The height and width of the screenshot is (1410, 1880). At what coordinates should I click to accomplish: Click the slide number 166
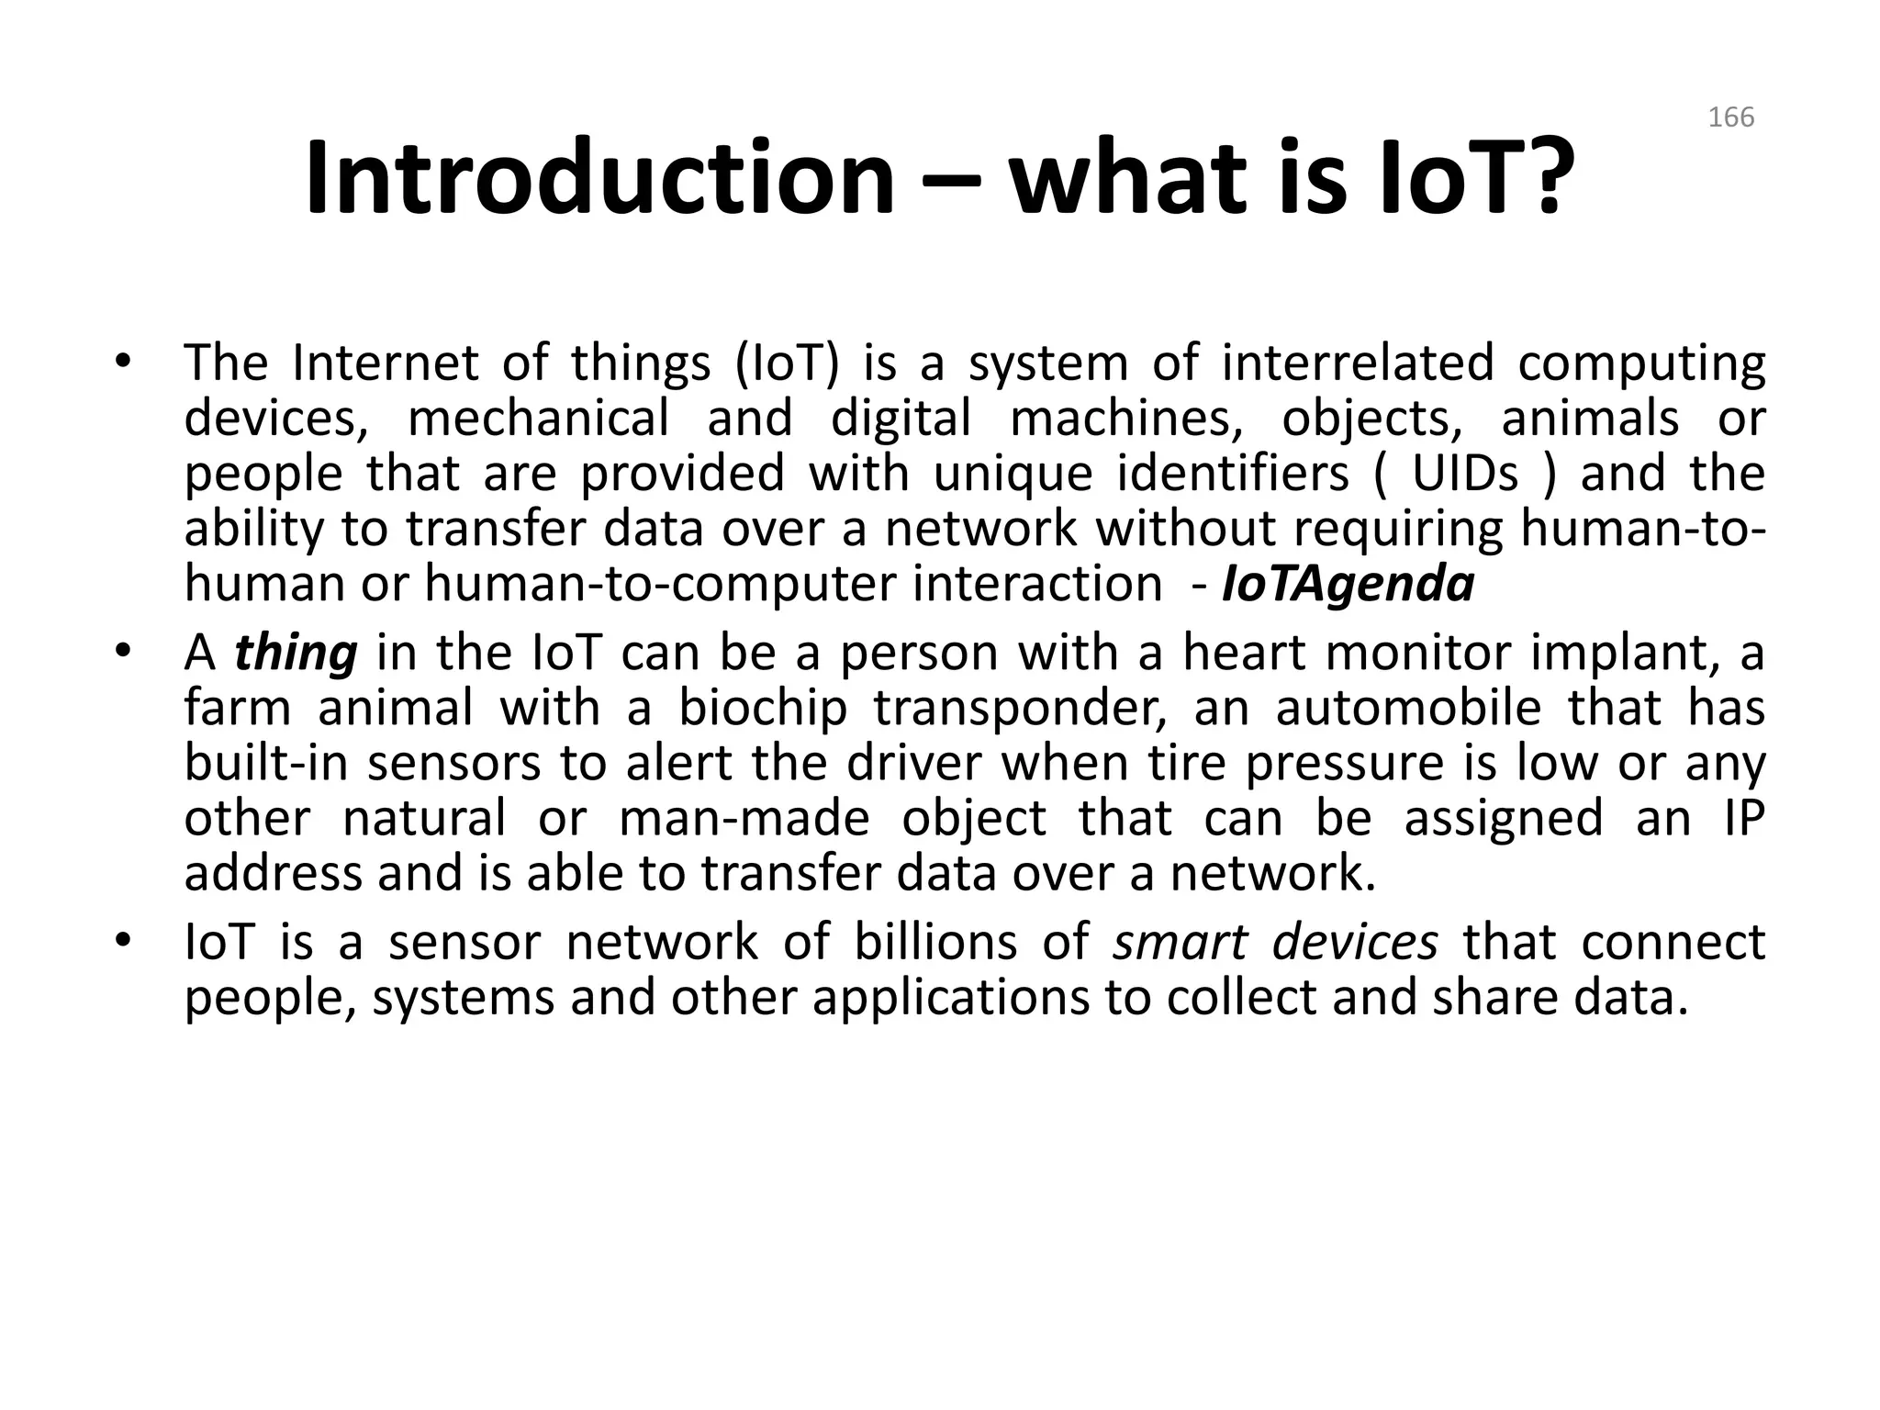click(x=1730, y=117)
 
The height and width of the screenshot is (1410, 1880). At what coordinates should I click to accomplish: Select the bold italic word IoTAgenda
click(x=1348, y=585)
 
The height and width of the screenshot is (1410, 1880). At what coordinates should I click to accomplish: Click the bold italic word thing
click(x=296, y=655)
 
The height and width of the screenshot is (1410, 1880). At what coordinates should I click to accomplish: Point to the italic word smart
click(x=1180, y=943)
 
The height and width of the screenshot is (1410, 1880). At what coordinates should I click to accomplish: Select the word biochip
click(x=763, y=710)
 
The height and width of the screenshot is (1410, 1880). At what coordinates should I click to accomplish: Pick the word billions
click(x=935, y=943)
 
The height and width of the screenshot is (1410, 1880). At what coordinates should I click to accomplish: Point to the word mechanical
click(x=539, y=419)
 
